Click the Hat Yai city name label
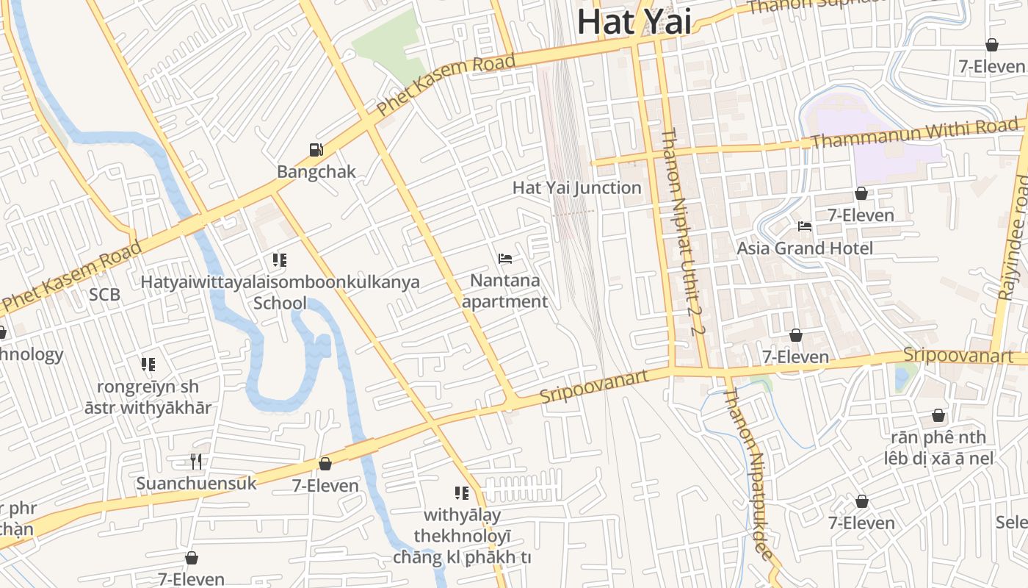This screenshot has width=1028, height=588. (x=634, y=21)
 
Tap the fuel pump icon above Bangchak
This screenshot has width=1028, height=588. (x=316, y=150)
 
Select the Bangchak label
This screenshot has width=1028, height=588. (x=316, y=172)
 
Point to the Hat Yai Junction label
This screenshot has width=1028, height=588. (x=576, y=187)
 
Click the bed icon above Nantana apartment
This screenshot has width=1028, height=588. (x=505, y=259)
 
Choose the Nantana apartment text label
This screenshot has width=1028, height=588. (x=505, y=291)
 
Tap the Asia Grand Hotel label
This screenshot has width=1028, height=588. (x=805, y=248)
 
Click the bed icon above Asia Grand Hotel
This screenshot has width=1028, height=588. (x=805, y=226)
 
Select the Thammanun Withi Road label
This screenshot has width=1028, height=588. (x=915, y=134)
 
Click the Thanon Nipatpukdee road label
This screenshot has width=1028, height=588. (x=750, y=473)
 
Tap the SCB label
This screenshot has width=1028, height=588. (x=104, y=295)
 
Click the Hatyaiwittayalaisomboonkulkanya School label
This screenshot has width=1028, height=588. (x=280, y=292)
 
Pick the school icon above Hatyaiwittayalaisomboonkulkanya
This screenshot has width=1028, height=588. (x=279, y=260)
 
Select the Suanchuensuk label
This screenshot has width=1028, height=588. (x=196, y=484)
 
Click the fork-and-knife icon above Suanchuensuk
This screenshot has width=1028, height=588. (x=196, y=462)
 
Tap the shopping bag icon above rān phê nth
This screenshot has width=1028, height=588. (x=938, y=416)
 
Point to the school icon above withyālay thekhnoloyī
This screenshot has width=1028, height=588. (x=462, y=493)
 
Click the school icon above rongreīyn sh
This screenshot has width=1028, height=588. (x=148, y=365)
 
